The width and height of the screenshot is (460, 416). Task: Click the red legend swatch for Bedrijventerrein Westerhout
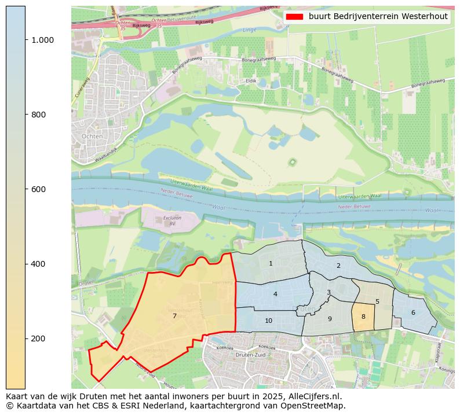[x=294, y=17]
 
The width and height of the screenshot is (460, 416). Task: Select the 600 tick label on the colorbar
[x=38, y=189]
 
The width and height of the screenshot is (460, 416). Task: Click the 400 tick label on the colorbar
[x=38, y=264]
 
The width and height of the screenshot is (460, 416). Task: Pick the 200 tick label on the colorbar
[x=38, y=338]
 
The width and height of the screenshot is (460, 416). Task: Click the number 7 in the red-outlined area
[x=174, y=316]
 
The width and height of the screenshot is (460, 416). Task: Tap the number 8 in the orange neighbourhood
[x=363, y=316]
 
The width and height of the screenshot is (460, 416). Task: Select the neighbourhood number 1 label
[x=271, y=263]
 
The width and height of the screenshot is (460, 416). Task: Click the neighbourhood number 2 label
[x=338, y=266]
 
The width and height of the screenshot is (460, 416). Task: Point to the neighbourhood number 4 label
[x=275, y=294]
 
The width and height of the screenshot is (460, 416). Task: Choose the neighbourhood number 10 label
[x=268, y=321]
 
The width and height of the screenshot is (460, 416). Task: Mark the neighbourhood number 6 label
[x=413, y=312]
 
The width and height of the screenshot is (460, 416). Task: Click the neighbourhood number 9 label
[x=330, y=319]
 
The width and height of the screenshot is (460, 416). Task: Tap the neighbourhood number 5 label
[x=377, y=301]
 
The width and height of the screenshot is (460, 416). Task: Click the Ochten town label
[x=93, y=136]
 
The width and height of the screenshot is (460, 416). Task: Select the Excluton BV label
[x=169, y=221]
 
